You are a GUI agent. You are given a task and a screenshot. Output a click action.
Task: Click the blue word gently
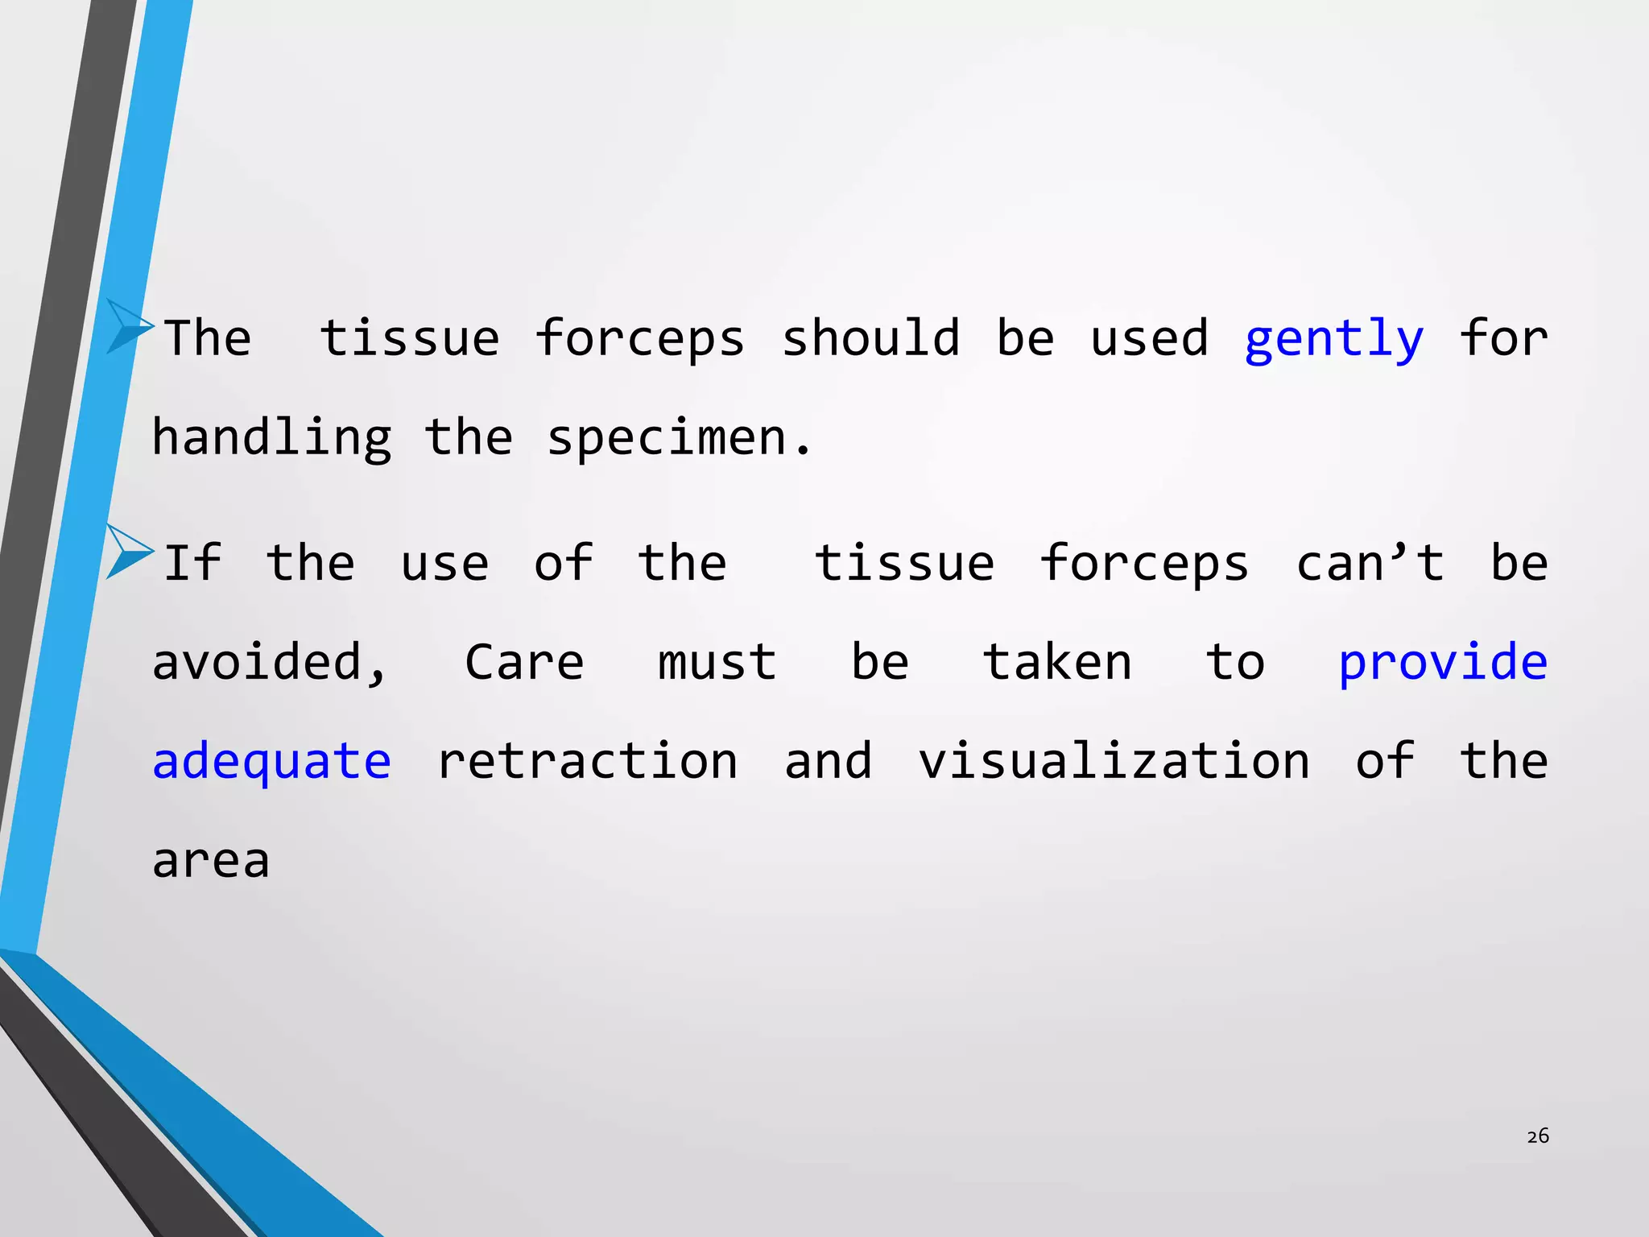pyautogui.click(x=1333, y=339)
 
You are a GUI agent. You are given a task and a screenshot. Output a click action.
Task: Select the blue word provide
pyautogui.click(x=1442, y=663)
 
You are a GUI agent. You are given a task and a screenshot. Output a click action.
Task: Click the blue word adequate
pyautogui.click(x=271, y=762)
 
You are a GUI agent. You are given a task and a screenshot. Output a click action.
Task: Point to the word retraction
pyautogui.click(x=587, y=762)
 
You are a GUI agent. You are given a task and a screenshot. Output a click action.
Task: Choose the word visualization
pyautogui.click(x=1114, y=762)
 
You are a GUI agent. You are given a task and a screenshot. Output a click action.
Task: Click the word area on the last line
pyautogui.click(x=211, y=861)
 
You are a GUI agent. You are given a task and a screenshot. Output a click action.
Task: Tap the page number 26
pyautogui.click(x=1537, y=1136)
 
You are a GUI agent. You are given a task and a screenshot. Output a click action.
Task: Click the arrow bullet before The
pyautogui.click(x=128, y=325)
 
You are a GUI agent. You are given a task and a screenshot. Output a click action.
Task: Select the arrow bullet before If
pyautogui.click(x=128, y=551)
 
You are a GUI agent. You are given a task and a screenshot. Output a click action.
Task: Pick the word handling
pyautogui.click(x=271, y=439)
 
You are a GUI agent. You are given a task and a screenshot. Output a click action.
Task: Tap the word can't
pyautogui.click(x=1370, y=563)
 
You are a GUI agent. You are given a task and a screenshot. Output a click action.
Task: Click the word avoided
pyautogui.click(x=269, y=663)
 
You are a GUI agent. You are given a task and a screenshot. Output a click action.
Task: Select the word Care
pyautogui.click(x=524, y=663)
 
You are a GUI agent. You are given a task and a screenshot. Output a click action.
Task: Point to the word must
pyautogui.click(x=717, y=663)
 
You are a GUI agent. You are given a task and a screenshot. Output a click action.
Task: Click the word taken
pyautogui.click(x=1057, y=663)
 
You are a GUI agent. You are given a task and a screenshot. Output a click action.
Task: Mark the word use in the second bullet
pyautogui.click(x=444, y=563)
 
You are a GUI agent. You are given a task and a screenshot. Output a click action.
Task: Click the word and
pyautogui.click(x=828, y=762)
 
